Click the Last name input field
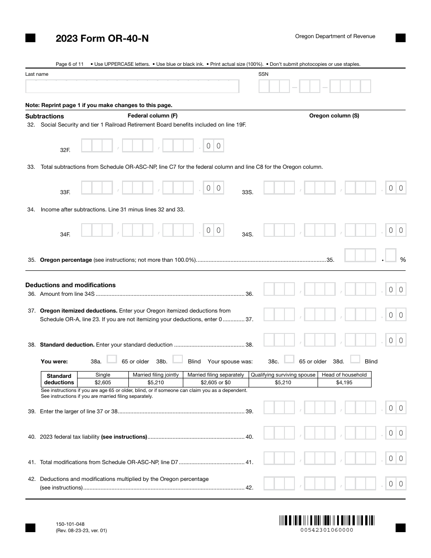point(132,86)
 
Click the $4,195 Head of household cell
point(344,382)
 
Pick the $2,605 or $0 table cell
point(215,382)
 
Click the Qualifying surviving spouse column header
point(283,375)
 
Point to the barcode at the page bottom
point(326,520)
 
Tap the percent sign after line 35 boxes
point(402,259)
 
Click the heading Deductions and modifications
point(70,285)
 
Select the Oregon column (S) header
point(334,116)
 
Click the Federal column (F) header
point(152,116)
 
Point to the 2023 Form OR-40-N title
point(102,39)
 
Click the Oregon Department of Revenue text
point(335,36)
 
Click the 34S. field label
point(247,235)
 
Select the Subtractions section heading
point(44,116)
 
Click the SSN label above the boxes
point(263,74)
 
